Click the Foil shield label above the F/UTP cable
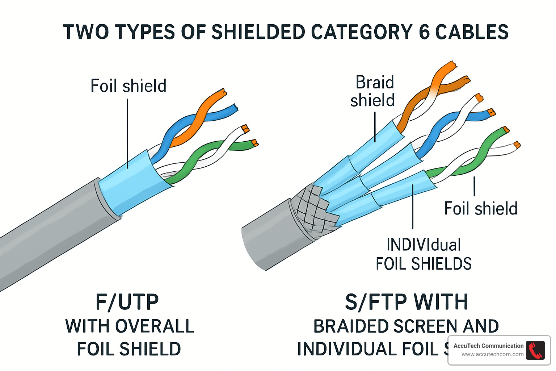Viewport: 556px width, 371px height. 128,86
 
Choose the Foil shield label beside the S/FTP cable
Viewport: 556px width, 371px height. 480,209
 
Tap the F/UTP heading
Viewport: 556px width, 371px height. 127,302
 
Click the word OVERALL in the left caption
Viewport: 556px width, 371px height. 155,326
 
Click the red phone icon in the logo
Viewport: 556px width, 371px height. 535,350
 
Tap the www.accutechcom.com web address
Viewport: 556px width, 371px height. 492,354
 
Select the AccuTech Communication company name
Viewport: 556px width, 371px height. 488,346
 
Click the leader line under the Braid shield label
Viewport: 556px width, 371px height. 375,127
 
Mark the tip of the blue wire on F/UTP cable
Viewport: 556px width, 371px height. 235,108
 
